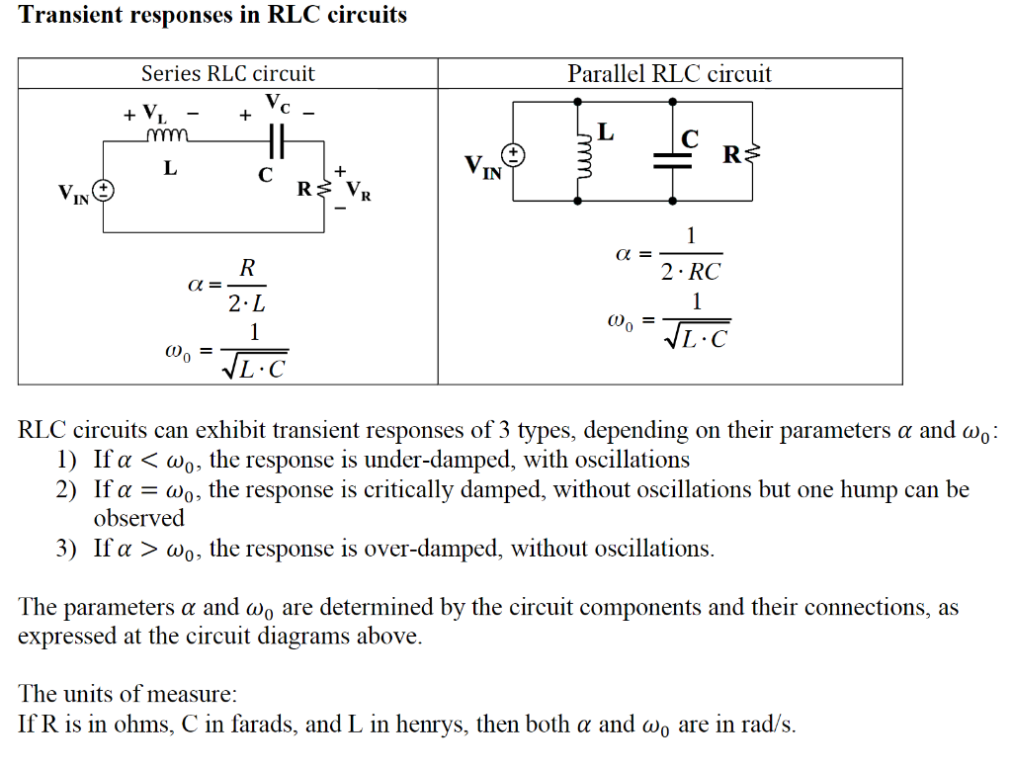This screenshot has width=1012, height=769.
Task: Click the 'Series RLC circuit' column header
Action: click(x=227, y=73)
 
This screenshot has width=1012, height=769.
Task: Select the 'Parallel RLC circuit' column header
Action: click(x=669, y=73)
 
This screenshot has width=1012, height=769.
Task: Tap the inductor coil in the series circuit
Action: click(x=166, y=136)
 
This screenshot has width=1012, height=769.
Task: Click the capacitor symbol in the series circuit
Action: click(x=276, y=140)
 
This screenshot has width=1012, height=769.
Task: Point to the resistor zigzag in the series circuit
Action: click(x=323, y=186)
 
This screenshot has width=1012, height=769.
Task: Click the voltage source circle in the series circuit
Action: click(x=104, y=191)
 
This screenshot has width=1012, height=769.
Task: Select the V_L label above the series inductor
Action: click(x=154, y=112)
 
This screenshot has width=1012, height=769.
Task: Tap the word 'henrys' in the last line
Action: click(x=432, y=724)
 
